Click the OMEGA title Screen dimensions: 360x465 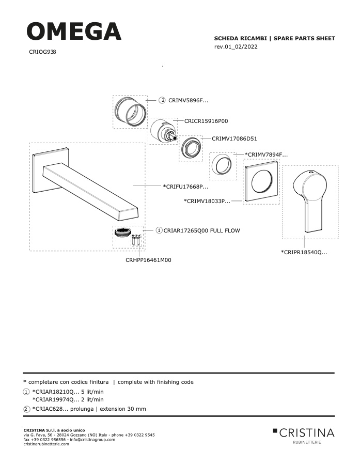point(74,31)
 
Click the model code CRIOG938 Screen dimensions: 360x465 point(42,52)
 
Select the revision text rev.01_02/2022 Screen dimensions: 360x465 point(236,47)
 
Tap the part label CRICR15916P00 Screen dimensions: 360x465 point(206,121)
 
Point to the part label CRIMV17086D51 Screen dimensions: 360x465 point(234,138)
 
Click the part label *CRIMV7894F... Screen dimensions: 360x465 point(266,154)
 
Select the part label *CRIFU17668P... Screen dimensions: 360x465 point(185,187)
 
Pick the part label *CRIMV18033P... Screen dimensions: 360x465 point(207,201)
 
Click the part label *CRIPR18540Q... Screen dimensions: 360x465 point(304,252)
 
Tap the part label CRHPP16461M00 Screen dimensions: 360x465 point(148,260)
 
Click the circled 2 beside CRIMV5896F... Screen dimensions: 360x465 point(162,100)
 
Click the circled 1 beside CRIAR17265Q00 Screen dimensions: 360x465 point(159,230)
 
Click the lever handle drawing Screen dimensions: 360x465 point(309,201)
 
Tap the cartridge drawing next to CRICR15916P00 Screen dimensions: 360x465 point(163,131)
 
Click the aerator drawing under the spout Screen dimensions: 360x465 point(123,232)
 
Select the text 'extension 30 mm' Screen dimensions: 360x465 point(123,409)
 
